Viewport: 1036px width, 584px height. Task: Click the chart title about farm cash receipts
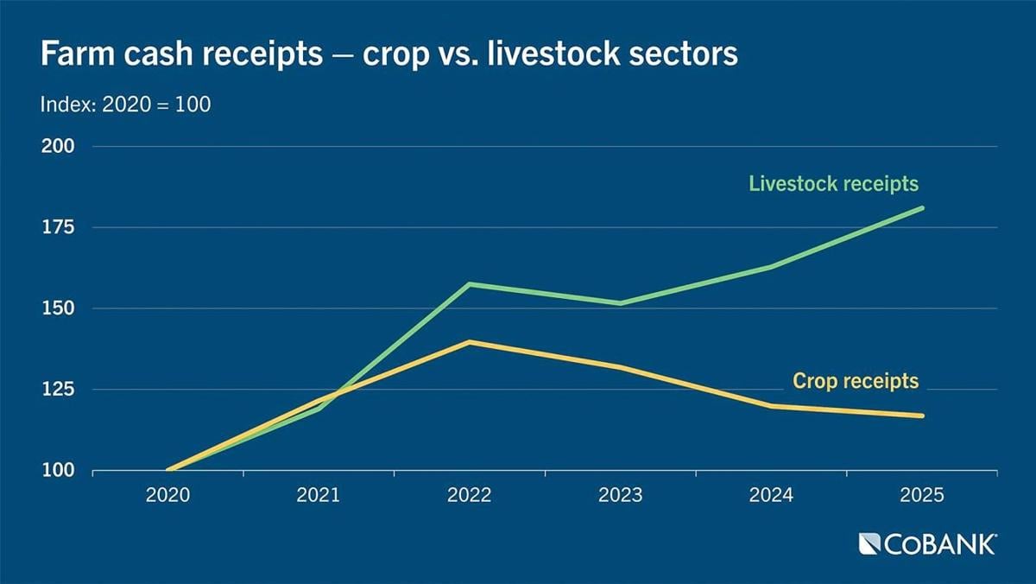tap(388, 54)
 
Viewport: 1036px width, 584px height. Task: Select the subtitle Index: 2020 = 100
tap(126, 105)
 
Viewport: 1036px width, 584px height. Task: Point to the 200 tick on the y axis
tap(59, 146)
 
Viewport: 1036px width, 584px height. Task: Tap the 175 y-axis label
tap(59, 227)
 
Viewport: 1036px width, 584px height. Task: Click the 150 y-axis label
tap(59, 308)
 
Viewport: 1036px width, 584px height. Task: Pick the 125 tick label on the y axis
tap(59, 390)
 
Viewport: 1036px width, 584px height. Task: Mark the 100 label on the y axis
tap(59, 471)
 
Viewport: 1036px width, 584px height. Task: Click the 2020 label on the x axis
tap(167, 497)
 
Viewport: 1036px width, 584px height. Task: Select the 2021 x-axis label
tap(319, 497)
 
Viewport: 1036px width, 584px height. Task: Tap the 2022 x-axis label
tap(470, 497)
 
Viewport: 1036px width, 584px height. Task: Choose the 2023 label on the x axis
tap(621, 497)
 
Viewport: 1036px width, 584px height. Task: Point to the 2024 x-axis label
tap(772, 497)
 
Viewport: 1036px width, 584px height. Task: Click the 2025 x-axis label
tap(923, 497)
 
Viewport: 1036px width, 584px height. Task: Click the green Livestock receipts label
tap(833, 184)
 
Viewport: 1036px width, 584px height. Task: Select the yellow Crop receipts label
tap(856, 381)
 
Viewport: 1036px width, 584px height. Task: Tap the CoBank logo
tap(927, 544)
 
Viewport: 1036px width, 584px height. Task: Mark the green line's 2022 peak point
tap(469, 283)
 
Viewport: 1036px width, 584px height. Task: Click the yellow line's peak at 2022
tap(469, 342)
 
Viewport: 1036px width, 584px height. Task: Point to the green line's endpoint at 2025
tap(922, 207)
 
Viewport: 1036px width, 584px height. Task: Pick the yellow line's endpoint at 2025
tap(922, 416)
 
